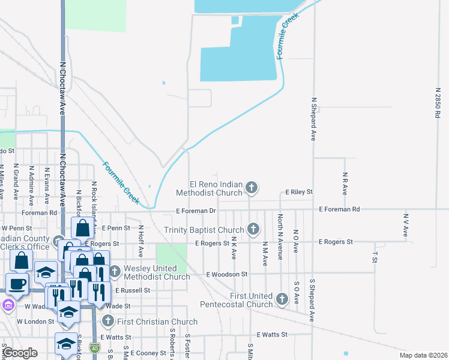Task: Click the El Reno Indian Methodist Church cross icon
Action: (x=252, y=188)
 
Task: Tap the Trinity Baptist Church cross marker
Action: (x=253, y=229)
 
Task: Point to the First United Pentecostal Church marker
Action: (x=283, y=298)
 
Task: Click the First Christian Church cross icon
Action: (x=108, y=321)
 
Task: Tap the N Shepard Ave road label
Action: (x=313, y=118)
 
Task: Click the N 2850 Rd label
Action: (x=438, y=103)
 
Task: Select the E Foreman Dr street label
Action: (x=196, y=211)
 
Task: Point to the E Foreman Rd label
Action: (x=340, y=209)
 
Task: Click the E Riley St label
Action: (x=299, y=192)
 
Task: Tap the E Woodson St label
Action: (x=226, y=274)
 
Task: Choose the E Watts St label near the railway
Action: (x=272, y=334)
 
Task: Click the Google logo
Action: (x=21, y=352)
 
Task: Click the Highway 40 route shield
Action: (x=95, y=347)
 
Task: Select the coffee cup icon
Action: (x=17, y=284)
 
